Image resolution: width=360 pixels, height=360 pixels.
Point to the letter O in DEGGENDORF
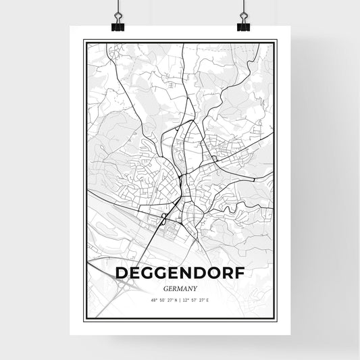coord(211,272)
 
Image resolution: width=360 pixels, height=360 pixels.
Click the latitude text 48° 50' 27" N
coord(163,299)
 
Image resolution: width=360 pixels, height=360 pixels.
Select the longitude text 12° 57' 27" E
coord(198,299)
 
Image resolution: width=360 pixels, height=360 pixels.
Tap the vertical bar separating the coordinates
coord(180,299)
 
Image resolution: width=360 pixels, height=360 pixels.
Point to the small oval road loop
coord(164,217)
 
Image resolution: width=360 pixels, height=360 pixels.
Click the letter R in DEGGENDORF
coord(224,272)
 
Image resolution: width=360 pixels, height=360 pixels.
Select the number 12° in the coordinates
coord(186,299)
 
